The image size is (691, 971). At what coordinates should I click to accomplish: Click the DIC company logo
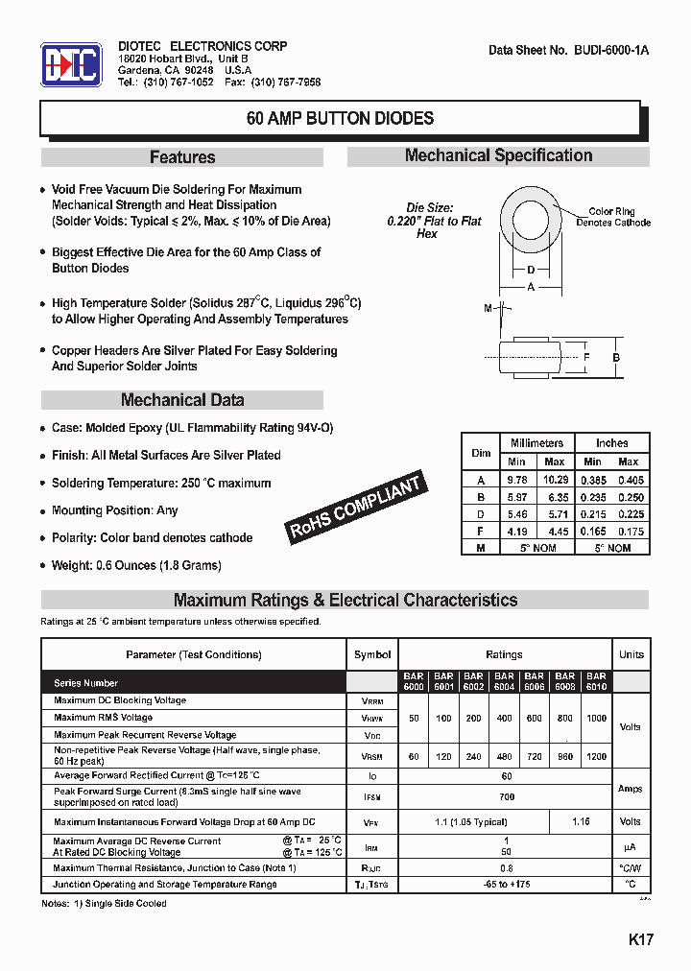pyautogui.click(x=70, y=65)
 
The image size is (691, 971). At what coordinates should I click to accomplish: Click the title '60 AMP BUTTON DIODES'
pyautogui.click(x=340, y=119)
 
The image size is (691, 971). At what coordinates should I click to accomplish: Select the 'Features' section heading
pyautogui.click(x=182, y=157)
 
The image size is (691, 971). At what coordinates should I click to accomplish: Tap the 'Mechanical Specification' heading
pyautogui.click(x=498, y=155)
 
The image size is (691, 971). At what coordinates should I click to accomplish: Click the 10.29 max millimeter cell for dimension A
pyautogui.click(x=556, y=479)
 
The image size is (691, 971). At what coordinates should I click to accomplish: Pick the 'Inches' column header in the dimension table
pyautogui.click(x=611, y=442)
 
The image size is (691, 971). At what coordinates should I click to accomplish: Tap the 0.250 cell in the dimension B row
pyautogui.click(x=630, y=496)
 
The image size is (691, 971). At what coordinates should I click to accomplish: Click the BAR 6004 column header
pyautogui.click(x=504, y=681)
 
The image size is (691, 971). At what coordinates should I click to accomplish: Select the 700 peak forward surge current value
pyautogui.click(x=507, y=796)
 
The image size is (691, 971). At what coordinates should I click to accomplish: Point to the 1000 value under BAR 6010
pyautogui.click(x=596, y=718)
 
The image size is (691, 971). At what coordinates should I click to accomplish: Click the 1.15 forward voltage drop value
pyautogui.click(x=581, y=821)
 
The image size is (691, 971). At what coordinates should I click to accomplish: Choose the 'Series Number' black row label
pyautogui.click(x=86, y=683)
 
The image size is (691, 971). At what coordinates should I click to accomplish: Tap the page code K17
pyautogui.click(x=640, y=939)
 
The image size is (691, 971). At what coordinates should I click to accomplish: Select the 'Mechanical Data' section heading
pyautogui.click(x=182, y=400)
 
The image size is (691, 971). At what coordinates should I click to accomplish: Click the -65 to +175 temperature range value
pyautogui.click(x=507, y=884)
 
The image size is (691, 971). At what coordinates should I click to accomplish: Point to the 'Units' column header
pyautogui.click(x=631, y=654)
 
